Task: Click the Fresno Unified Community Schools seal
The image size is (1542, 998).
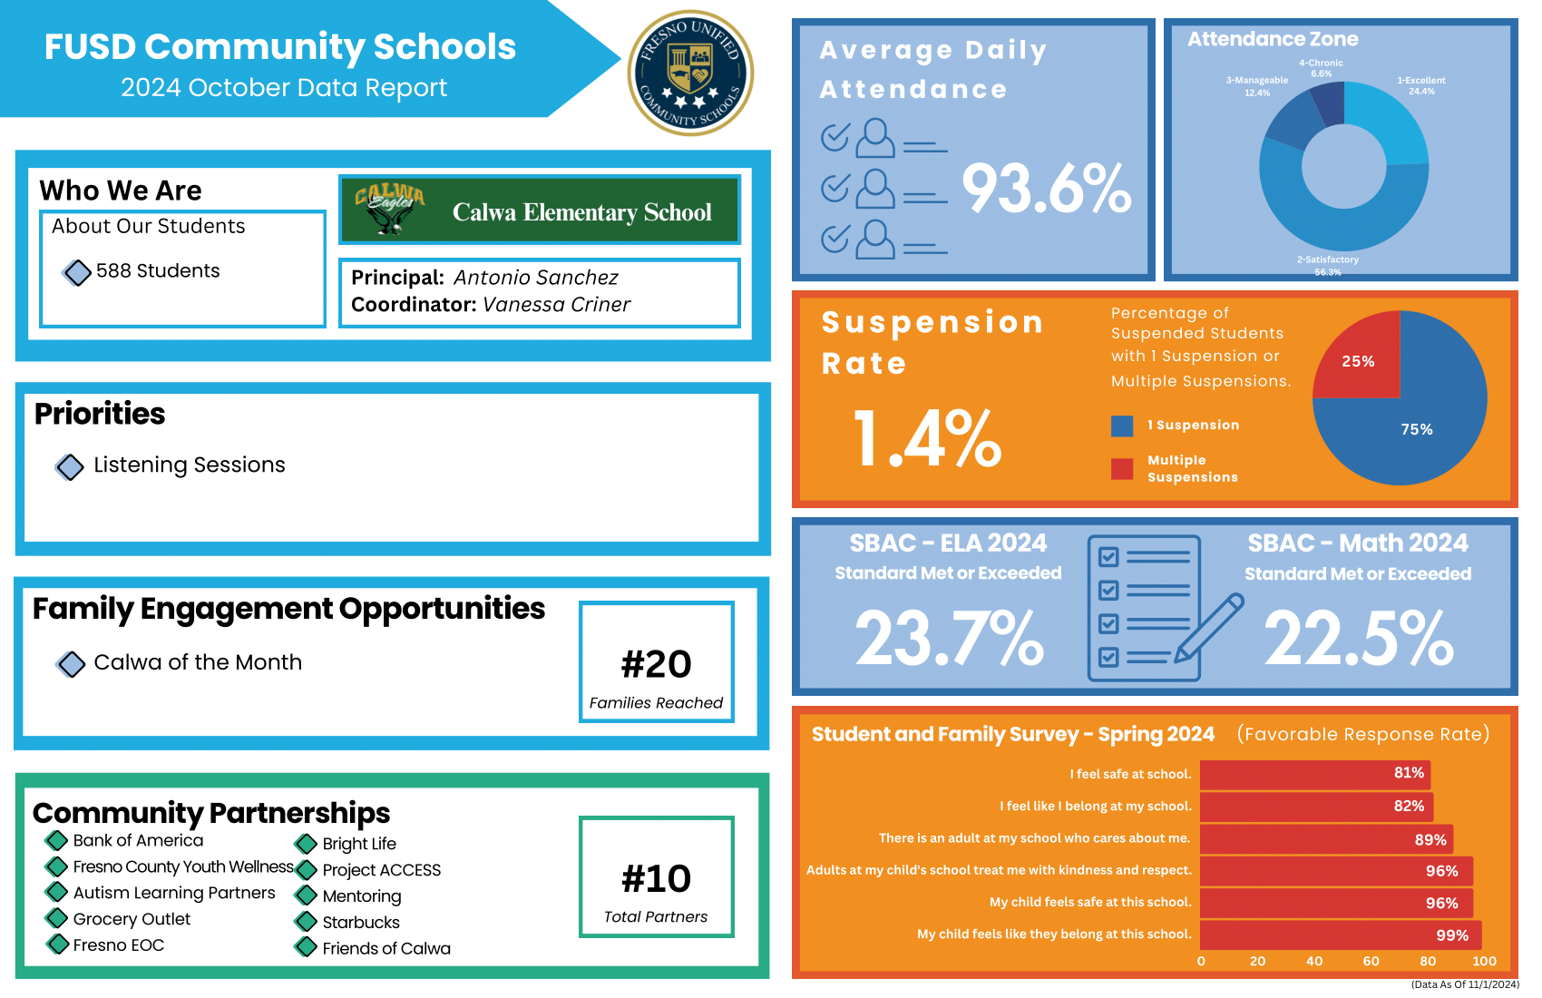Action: (690, 73)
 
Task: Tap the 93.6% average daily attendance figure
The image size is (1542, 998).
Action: (1046, 189)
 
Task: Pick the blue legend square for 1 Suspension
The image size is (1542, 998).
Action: (1122, 426)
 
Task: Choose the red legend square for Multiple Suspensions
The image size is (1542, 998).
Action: (1122, 468)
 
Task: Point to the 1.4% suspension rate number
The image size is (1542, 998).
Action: (927, 439)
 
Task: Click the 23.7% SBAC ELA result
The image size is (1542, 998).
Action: (949, 638)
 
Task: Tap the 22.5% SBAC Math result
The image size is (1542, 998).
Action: (1358, 638)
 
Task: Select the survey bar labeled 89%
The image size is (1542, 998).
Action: (1324, 839)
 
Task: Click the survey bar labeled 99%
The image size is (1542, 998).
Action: (1340, 935)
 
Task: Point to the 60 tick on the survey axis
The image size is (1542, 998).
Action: (1371, 961)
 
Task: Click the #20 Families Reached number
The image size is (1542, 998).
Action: (656, 664)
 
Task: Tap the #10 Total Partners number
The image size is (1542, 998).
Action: (656, 878)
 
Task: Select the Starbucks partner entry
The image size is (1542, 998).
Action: (361, 923)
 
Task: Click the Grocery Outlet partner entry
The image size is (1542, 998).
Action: (132, 919)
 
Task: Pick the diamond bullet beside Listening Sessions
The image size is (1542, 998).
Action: (70, 467)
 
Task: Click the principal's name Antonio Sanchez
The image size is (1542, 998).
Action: (535, 278)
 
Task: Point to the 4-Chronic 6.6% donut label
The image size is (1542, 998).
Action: (1321, 68)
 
